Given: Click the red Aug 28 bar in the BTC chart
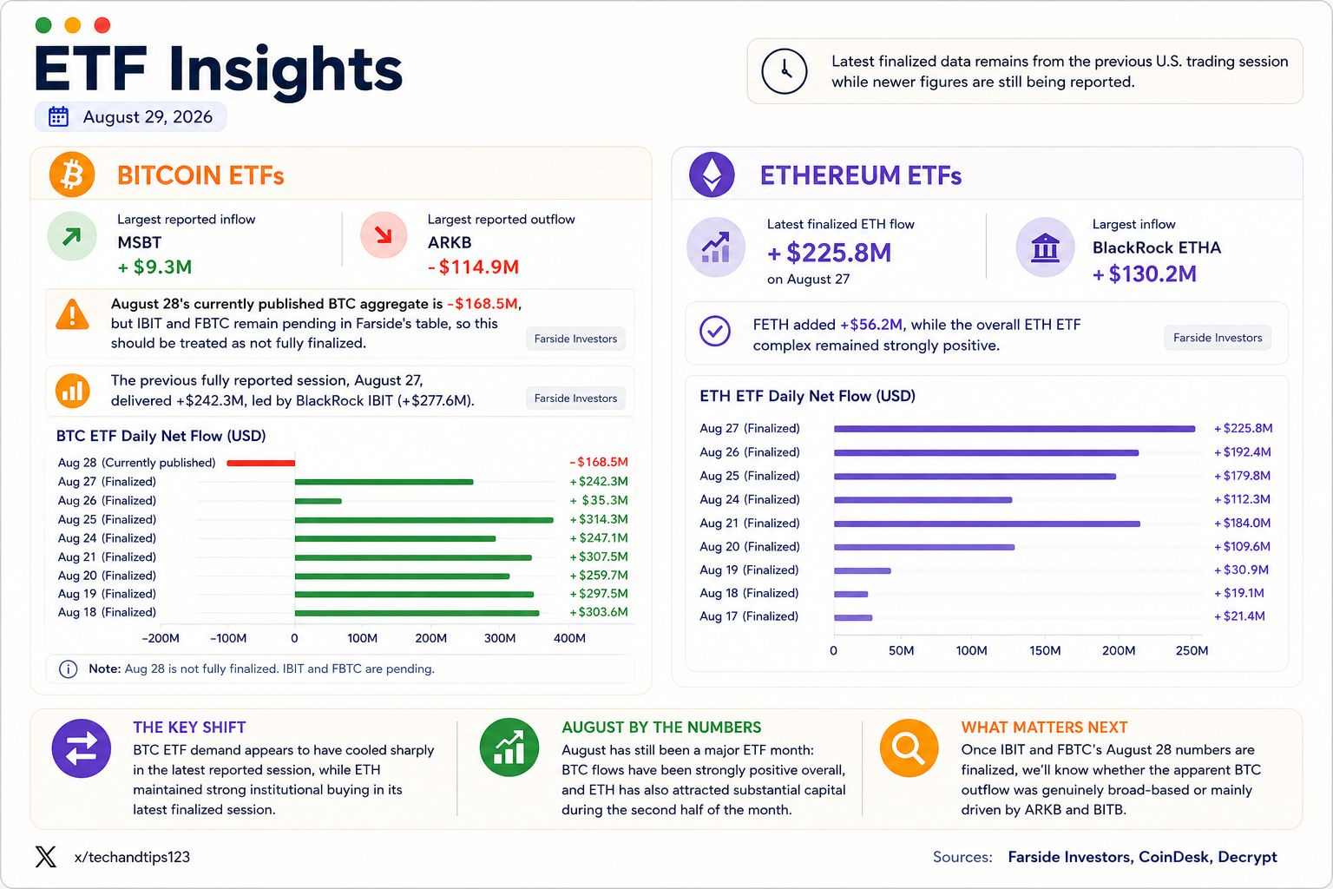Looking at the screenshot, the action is coord(260,463).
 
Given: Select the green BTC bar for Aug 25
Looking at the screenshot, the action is coord(424,520).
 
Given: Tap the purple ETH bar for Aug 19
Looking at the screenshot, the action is coord(863,570).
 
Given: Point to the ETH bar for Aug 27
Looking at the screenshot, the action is coord(1015,429).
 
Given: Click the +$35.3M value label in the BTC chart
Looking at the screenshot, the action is coord(599,500).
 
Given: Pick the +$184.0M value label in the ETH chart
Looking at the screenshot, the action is coord(1243,523).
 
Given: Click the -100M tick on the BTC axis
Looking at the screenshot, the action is coord(228,638).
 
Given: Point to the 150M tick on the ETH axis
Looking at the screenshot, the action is coord(1045,651).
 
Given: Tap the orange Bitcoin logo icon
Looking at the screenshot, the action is coord(72,175).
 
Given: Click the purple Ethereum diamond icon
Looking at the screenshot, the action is coord(712,175).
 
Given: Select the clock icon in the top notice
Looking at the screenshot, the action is coord(785,71).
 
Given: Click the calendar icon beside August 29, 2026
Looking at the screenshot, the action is coord(58,116).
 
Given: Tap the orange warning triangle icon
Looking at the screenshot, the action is coord(72,315).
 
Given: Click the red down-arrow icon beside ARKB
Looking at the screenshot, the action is coord(384,235).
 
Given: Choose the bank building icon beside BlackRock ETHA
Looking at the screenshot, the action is coord(1045,247).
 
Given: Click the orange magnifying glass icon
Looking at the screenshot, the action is coord(909,747).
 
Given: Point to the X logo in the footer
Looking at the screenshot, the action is coord(46,857).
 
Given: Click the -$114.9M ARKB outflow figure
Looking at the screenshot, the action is coord(474,267).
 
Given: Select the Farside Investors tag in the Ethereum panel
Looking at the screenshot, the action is coord(1218,338).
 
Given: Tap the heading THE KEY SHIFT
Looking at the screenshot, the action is coord(189,727).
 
